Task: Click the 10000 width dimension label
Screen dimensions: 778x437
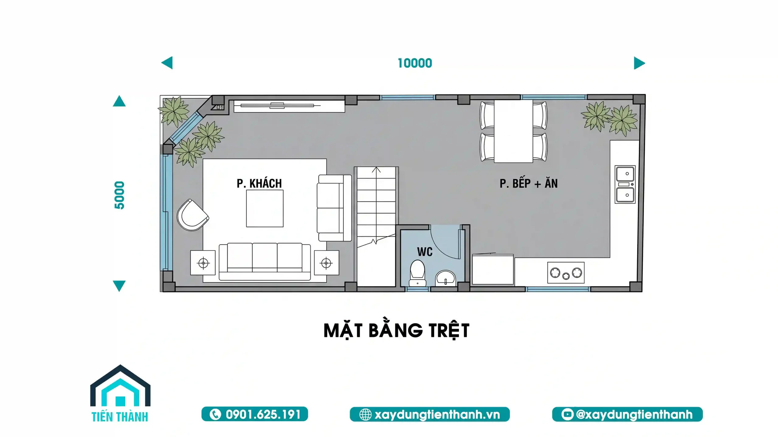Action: pos(415,63)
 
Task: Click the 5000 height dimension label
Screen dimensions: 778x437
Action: pos(119,195)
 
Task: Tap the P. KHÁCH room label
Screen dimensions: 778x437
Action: pos(259,183)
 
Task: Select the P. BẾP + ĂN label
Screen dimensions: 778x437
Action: pos(528,183)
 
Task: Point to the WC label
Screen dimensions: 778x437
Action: pos(425,252)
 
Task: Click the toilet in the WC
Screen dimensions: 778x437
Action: pos(417,273)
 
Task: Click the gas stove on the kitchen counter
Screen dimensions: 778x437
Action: pos(566,273)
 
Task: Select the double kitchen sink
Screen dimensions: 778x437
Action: pos(625,184)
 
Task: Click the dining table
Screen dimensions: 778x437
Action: pos(513,131)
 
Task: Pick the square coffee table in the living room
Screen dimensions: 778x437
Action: pos(265,208)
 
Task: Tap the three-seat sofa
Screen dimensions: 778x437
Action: pos(265,261)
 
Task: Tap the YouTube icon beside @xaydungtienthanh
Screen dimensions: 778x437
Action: pos(567,414)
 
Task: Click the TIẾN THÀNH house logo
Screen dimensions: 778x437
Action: pos(120,393)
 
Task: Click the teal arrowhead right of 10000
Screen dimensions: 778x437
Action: pos(639,63)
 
